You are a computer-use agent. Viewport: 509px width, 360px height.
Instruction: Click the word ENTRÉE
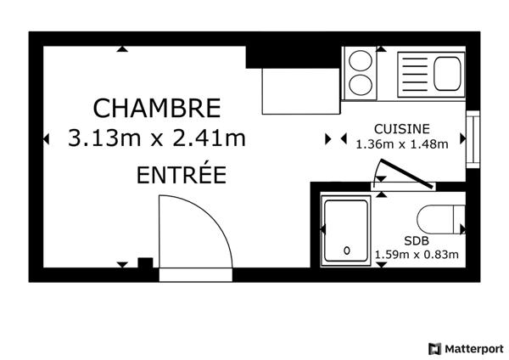point(181,176)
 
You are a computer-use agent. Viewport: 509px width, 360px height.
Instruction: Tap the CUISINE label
point(402,129)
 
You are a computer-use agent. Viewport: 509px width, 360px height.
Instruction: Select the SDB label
point(416,240)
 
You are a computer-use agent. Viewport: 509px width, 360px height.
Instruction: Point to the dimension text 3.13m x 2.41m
point(157,138)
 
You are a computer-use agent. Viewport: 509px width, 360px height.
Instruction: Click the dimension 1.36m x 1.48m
point(402,143)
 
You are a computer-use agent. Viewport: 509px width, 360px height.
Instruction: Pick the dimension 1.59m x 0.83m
point(416,254)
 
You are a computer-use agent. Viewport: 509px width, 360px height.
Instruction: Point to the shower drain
point(347,250)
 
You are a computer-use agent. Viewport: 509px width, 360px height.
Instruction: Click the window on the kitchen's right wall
point(472,138)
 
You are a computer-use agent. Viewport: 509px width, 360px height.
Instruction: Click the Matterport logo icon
point(435,348)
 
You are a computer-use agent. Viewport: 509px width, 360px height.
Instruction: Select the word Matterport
point(473,348)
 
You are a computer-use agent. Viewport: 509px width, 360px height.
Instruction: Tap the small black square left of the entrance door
point(145,262)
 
